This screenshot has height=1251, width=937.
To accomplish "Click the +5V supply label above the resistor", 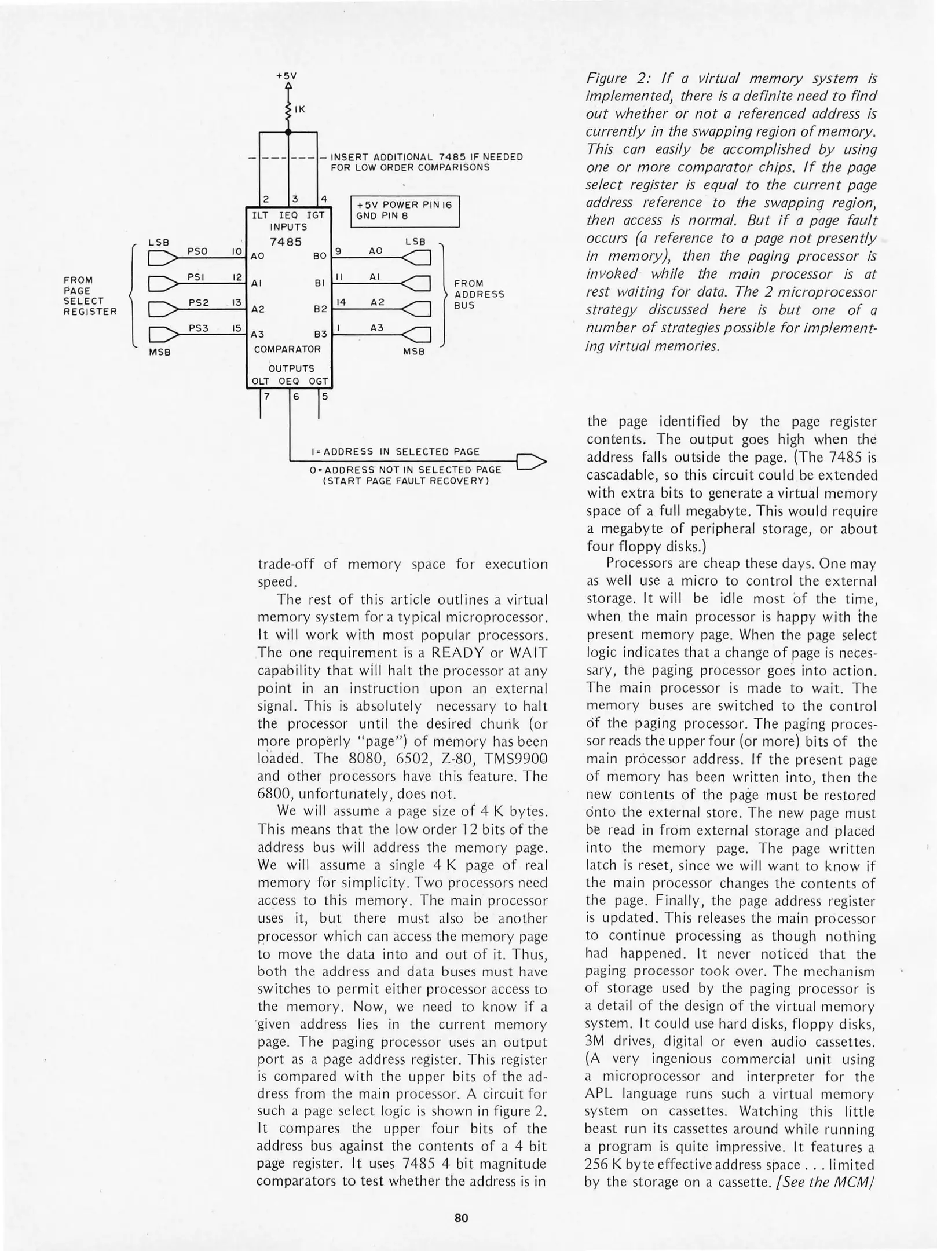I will tap(286, 76).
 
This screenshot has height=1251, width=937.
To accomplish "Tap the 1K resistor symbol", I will tap(288, 109).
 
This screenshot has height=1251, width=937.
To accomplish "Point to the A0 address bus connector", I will tap(418, 258).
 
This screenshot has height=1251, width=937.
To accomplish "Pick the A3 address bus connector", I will tap(418, 335).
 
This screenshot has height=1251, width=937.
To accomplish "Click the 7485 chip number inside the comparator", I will tap(286, 242).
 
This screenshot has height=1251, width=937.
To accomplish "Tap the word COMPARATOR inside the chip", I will tap(287, 349).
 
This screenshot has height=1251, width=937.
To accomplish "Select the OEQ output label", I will tap(289, 381).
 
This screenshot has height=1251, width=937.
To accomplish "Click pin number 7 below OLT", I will tap(267, 397).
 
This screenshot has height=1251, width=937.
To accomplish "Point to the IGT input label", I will tap(316, 215).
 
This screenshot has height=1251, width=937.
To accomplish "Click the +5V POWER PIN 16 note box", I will tap(405, 211).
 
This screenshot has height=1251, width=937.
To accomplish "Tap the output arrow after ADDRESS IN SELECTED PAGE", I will tap(530, 462).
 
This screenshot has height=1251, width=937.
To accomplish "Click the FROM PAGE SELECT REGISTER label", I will tap(90, 296).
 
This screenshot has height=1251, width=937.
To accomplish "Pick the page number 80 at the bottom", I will tap(461, 1217).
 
